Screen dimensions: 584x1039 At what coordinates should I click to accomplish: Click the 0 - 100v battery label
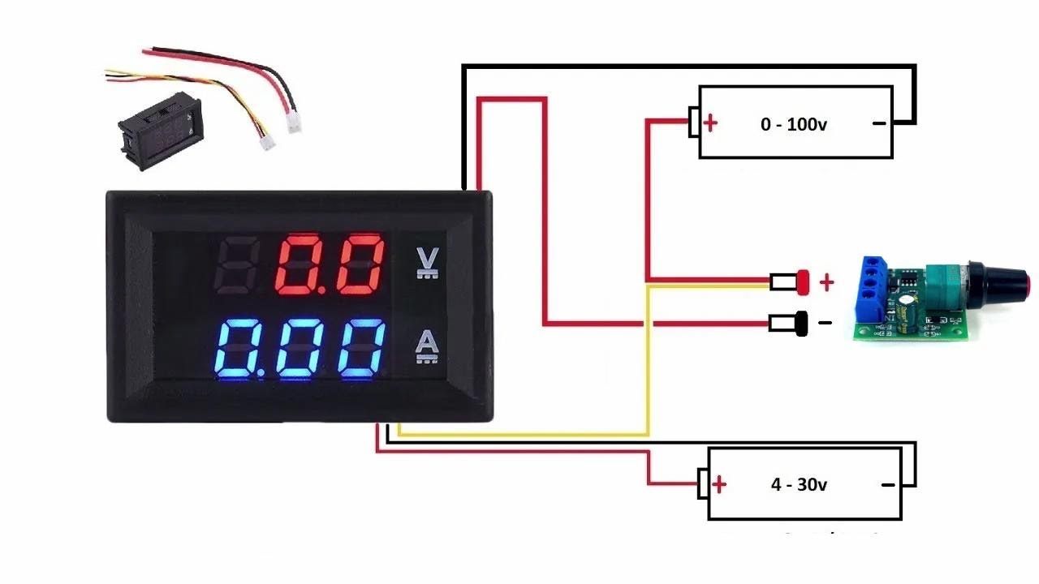(x=794, y=125)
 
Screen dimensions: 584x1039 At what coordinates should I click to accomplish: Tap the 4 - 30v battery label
(x=799, y=485)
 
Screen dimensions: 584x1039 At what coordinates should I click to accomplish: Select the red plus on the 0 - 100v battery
(x=711, y=123)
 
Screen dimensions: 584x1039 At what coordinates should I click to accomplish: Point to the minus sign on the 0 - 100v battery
(x=878, y=124)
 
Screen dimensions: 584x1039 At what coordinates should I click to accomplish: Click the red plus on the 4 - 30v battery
(x=719, y=485)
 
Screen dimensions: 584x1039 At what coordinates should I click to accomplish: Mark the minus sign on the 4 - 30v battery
(x=888, y=485)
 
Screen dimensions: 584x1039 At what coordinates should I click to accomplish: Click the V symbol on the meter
(x=427, y=260)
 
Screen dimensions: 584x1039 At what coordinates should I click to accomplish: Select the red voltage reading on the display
(x=330, y=265)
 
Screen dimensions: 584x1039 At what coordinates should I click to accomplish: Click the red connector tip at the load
(x=804, y=281)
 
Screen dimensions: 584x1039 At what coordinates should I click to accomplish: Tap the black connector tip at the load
(x=802, y=324)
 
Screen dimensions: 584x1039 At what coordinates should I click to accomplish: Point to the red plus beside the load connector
(x=826, y=282)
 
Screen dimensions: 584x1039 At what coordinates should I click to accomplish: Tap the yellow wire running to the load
(x=647, y=365)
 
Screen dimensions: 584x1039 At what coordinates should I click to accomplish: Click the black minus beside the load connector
(x=826, y=323)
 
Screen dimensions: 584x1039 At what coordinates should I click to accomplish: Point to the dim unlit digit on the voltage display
(x=236, y=265)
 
